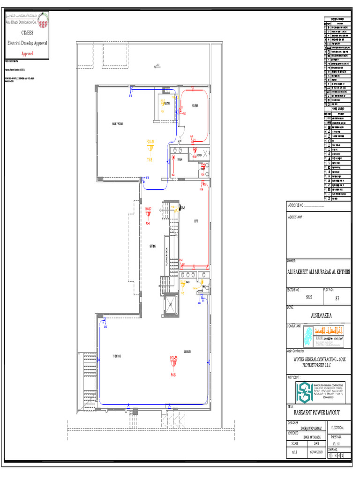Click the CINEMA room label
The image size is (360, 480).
click(194, 106)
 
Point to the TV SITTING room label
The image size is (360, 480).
click(117, 356)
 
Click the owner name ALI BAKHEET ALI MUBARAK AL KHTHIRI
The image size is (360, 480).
click(318, 272)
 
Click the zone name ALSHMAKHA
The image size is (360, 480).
click(318, 315)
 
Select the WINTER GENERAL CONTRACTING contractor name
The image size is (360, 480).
click(318, 361)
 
